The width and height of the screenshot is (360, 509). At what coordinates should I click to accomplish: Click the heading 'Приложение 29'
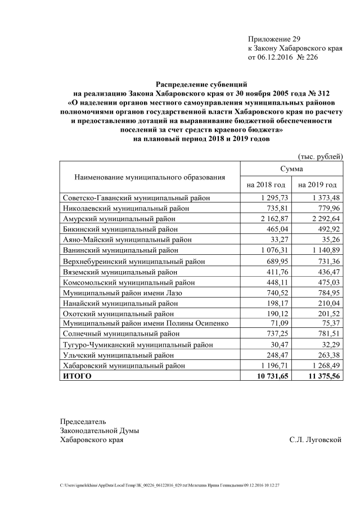click(274, 39)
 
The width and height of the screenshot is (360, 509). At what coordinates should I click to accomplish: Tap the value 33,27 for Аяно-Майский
click(278, 240)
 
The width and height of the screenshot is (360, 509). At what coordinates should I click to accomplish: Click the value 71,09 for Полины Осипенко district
click(278, 323)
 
